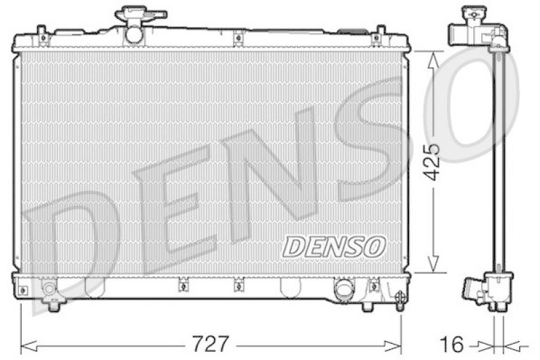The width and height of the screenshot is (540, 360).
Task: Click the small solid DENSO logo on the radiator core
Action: (333, 247)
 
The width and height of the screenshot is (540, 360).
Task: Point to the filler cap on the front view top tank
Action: (140, 14)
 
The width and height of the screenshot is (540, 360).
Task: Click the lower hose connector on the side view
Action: (470, 290)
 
